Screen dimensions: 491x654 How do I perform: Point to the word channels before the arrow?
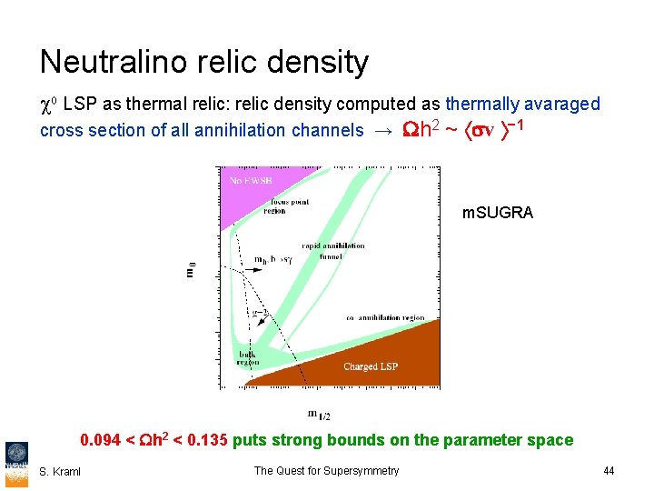pyautogui.click(x=330, y=130)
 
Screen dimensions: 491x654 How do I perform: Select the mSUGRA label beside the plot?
pyautogui.click(x=497, y=213)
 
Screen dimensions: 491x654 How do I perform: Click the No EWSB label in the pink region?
pyautogui.click(x=248, y=181)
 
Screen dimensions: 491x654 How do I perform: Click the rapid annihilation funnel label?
pyautogui.click(x=334, y=250)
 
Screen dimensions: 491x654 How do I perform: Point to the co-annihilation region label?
pyautogui.click(x=385, y=317)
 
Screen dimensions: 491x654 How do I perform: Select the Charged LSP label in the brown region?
pyautogui.click(x=372, y=366)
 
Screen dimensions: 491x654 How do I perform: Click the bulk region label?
pyautogui.click(x=248, y=357)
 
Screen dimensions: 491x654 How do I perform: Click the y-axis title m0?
pyautogui.click(x=191, y=271)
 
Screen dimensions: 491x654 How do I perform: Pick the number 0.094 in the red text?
pyautogui.click(x=101, y=440)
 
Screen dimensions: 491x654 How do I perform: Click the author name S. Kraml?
pyautogui.click(x=60, y=471)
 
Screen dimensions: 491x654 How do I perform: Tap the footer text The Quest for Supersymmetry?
pyautogui.click(x=326, y=470)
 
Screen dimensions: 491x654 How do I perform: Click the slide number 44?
pyautogui.click(x=609, y=470)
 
